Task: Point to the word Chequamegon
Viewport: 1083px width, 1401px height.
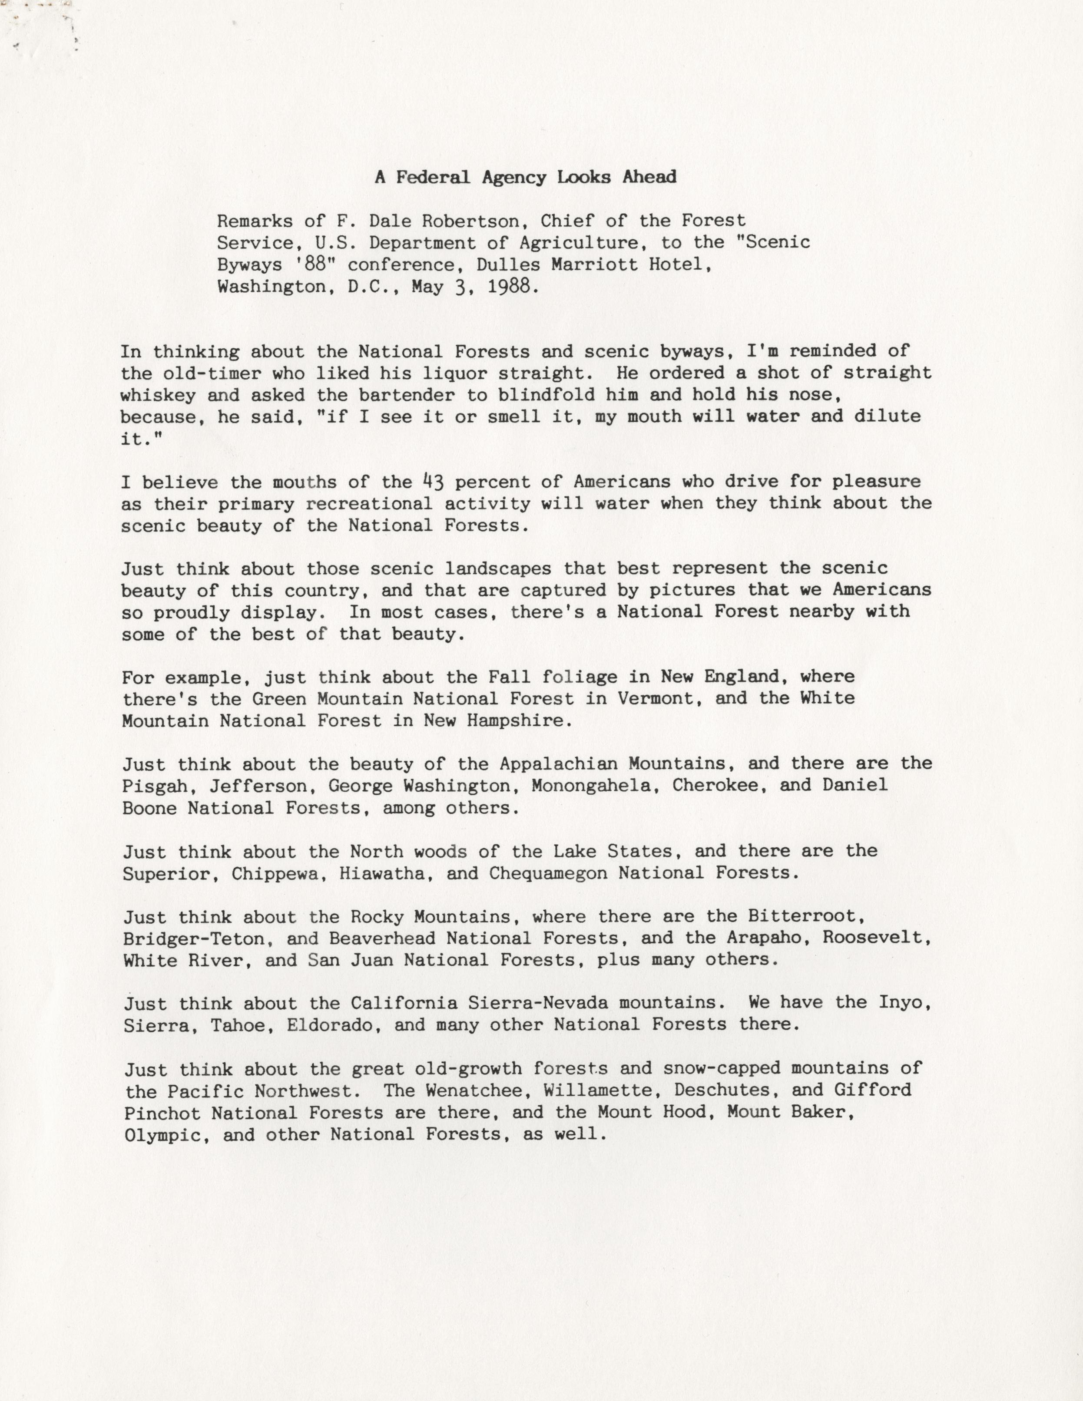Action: click(547, 873)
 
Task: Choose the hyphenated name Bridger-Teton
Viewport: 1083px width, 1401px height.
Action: click(194, 938)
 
